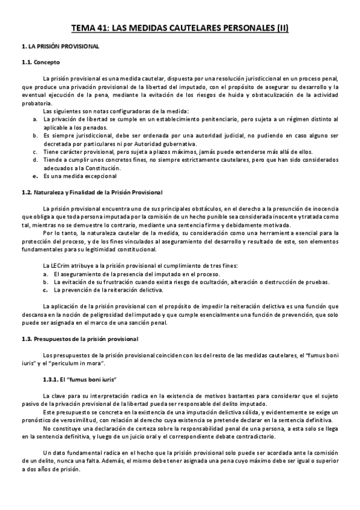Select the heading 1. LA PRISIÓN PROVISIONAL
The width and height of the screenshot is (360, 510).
tap(56, 46)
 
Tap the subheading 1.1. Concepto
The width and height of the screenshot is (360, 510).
tap(41, 63)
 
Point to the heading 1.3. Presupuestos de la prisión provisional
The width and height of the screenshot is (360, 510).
tap(80, 339)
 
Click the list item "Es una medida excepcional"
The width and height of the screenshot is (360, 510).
tap(84, 176)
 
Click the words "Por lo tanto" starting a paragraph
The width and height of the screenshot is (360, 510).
tap(59, 233)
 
